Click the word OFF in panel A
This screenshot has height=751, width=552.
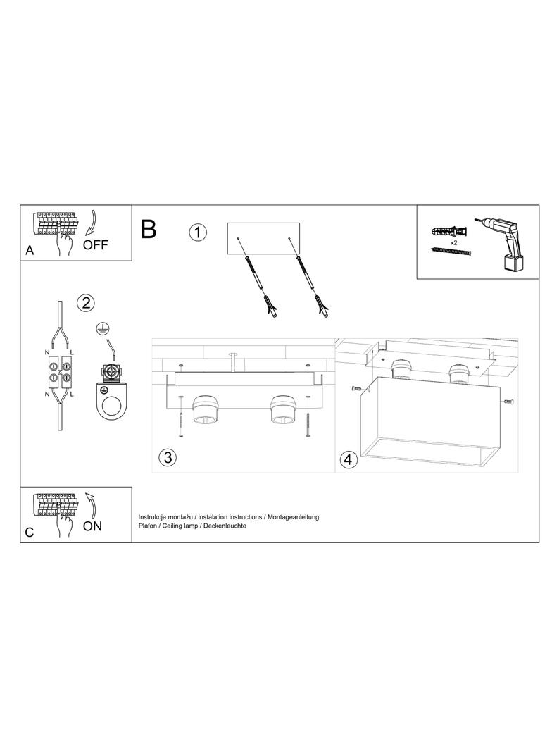pyautogui.click(x=96, y=245)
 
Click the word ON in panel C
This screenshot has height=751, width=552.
pyautogui.click(x=92, y=526)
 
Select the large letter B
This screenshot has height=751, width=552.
pyautogui.click(x=149, y=229)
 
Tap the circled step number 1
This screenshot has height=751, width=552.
pyautogui.click(x=199, y=232)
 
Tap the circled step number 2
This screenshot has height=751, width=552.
pyautogui.click(x=85, y=303)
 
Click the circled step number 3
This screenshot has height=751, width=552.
pyautogui.click(x=167, y=457)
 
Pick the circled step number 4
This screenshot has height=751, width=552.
pyautogui.click(x=348, y=460)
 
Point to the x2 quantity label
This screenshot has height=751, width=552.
pyautogui.click(x=455, y=241)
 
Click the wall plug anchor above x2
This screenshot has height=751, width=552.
pyautogui.click(x=448, y=231)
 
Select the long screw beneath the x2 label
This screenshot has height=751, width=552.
pyautogui.click(x=451, y=251)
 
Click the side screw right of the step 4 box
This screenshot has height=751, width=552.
pyautogui.click(x=509, y=402)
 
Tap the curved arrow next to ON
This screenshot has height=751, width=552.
pyautogui.click(x=90, y=504)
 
